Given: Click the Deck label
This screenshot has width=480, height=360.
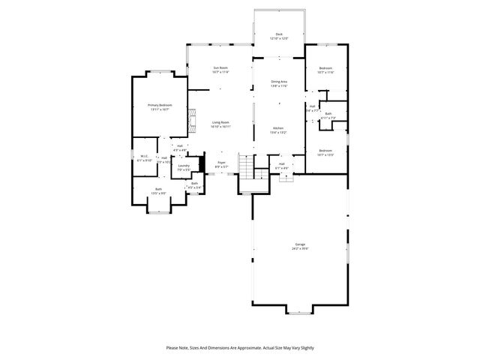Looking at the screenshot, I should pyautogui.click(x=279, y=34).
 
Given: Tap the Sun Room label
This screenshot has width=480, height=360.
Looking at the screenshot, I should pyautogui.click(x=220, y=68).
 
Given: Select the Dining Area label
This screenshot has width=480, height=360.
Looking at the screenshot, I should pyautogui.click(x=279, y=81).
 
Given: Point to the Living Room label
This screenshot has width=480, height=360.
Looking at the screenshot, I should pyautogui.click(x=220, y=122).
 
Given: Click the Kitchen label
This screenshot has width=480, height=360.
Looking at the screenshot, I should pyautogui.click(x=279, y=128).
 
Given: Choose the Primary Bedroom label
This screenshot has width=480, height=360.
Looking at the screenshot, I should pyautogui.click(x=160, y=105).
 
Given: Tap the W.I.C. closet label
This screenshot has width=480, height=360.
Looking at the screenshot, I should pyautogui.click(x=144, y=156).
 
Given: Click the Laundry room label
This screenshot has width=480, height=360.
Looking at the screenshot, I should pyautogui.click(x=184, y=166).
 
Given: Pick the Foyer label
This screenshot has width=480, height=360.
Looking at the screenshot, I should pyautogui.click(x=221, y=162).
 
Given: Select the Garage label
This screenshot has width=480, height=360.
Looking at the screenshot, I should pyautogui.click(x=300, y=244).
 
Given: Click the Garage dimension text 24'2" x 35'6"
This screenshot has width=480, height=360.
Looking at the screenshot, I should pyautogui.click(x=300, y=249).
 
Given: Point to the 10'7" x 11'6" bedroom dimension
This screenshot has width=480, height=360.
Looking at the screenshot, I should pyautogui.click(x=325, y=72).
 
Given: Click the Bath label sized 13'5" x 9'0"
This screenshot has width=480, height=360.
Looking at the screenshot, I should pyautogui.click(x=158, y=189).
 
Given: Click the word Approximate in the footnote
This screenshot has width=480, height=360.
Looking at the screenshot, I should pyautogui.click(x=259, y=348).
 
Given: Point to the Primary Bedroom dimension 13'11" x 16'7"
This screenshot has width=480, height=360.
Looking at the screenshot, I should pyautogui.click(x=160, y=109).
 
